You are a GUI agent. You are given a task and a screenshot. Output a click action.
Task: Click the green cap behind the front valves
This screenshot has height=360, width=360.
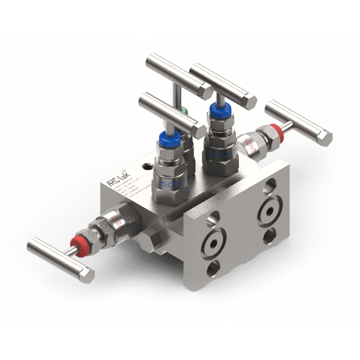coord(184,111)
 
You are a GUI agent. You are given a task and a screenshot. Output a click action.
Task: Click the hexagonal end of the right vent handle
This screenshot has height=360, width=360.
coord(326,138)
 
